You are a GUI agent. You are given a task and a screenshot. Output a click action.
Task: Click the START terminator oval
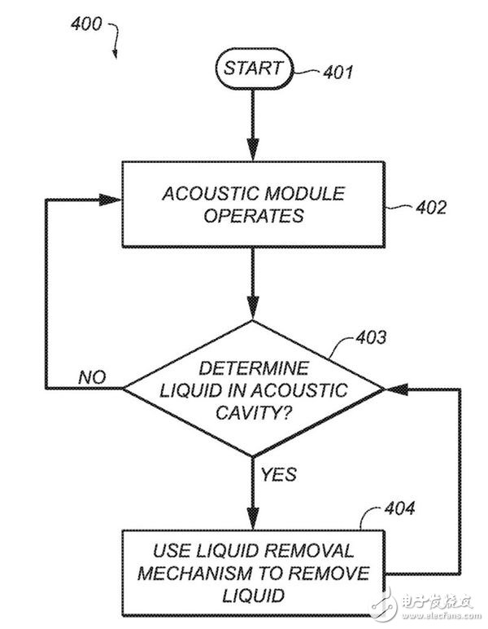253,68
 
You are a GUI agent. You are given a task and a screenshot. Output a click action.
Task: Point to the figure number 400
85,24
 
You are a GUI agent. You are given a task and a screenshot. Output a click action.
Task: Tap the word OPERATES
253,216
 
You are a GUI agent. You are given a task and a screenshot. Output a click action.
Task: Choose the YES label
279,474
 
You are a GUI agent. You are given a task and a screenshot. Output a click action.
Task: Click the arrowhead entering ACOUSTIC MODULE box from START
253,151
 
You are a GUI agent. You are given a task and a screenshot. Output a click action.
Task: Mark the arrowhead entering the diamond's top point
253,311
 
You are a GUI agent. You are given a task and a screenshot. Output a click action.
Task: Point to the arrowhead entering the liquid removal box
253,520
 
